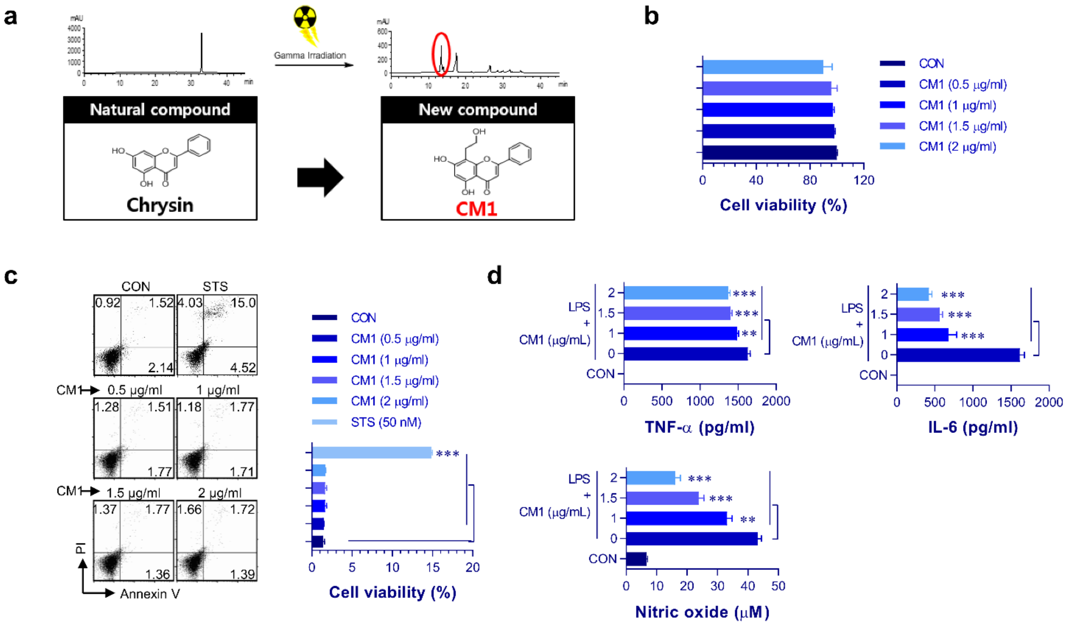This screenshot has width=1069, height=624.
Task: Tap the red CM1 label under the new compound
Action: pos(476,209)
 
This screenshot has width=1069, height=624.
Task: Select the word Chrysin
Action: pos(160,205)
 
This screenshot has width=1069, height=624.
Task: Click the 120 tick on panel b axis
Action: pos(864,180)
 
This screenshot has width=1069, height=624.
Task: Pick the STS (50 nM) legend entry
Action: pos(386,422)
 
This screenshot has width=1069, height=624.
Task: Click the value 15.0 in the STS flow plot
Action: pos(243,303)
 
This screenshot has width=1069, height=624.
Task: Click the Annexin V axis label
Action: pos(150,594)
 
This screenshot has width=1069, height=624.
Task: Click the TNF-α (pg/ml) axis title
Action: pos(699,427)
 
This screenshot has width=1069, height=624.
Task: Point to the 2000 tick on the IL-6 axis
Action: pos(1048,402)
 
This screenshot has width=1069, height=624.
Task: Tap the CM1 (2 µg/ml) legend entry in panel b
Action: pos(957,147)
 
